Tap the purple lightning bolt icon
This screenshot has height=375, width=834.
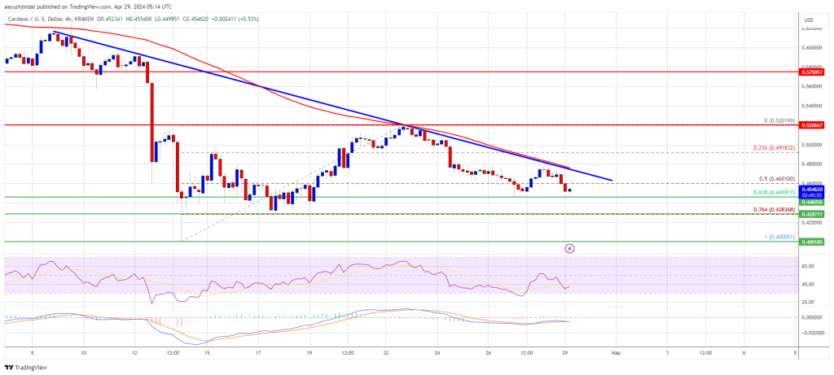coord(569,247)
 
